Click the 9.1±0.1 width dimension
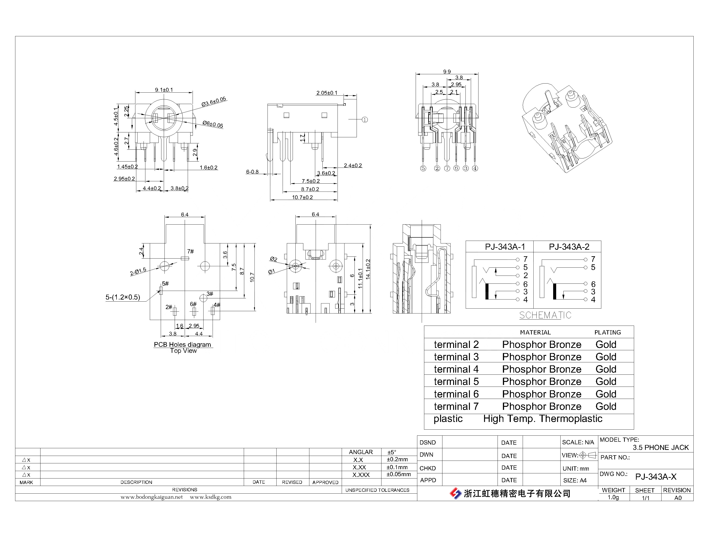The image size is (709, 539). pyautogui.click(x=164, y=90)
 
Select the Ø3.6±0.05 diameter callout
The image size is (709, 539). pyautogui.click(x=214, y=102)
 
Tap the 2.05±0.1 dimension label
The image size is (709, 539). pyautogui.click(x=327, y=93)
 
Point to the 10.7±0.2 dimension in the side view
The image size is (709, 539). pyautogui.click(x=302, y=197)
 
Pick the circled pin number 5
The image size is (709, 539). pyautogui.click(x=423, y=168)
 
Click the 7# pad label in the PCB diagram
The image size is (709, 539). pyautogui.click(x=191, y=251)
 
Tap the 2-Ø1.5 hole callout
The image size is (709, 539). pyautogui.click(x=138, y=271)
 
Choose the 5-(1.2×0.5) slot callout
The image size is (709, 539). pyautogui.click(x=123, y=297)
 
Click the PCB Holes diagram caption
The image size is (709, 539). pyautogui.click(x=182, y=345)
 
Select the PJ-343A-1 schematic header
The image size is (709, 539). pyautogui.click(x=505, y=247)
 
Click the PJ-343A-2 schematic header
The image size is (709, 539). pyautogui.click(x=569, y=247)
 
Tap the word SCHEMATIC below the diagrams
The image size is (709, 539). pyautogui.click(x=545, y=315)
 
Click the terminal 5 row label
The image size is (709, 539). pyautogui.click(x=456, y=381)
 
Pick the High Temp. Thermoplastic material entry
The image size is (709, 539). pyautogui.click(x=543, y=419)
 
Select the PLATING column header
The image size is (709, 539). pyautogui.click(x=608, y=332)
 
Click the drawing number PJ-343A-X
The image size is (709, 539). pyautogui.click(x=656, y=477)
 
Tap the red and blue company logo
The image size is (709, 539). pyautogui.click(x=455, y=493)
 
